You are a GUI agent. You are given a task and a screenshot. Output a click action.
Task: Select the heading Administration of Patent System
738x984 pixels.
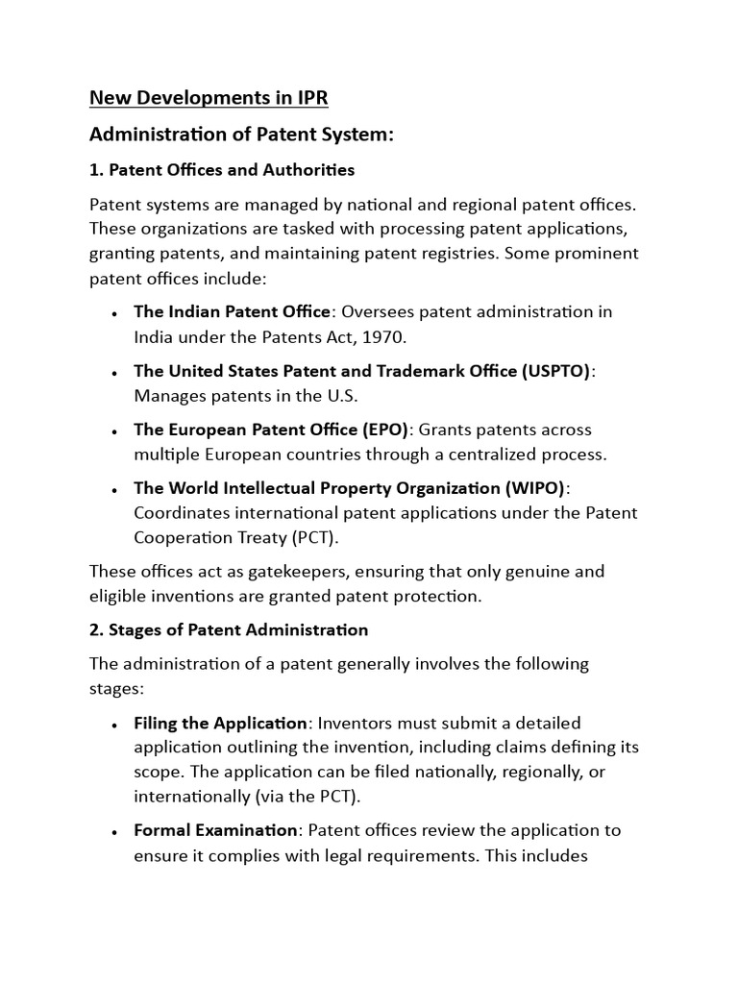click(x=242, y=135)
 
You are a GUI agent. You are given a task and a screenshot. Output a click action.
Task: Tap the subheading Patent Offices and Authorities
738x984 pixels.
click(x=222, y=170)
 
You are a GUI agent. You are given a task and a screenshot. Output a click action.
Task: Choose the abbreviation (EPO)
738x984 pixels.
click(x=384, y=430)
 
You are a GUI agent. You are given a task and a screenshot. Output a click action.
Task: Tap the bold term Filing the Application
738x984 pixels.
click(x=221, y=723)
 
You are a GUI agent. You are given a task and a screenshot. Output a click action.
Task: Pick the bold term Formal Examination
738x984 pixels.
click(x=216, y=830)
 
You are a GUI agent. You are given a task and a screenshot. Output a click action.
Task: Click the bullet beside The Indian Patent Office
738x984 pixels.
click(x=114, y=313)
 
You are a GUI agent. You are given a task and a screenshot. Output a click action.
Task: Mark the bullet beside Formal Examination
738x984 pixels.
click(x=114, y=831)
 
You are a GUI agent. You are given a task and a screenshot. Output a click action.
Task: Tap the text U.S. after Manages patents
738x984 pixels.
click(x=340, y=395)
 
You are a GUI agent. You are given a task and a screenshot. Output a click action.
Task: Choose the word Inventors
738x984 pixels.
click(x=356, y=723)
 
